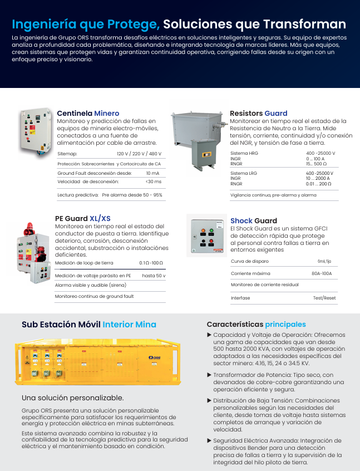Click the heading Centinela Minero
(x=88, y=113)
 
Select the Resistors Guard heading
(x=258, y=113)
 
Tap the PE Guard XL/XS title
(x=82, y=218)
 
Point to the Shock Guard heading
(x=253, y=220)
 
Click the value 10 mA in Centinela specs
(x=152, y=173)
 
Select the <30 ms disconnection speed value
(x=153, y=181)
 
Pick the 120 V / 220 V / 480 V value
(x=139, y=153)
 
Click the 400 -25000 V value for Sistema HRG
(x=320, y=153)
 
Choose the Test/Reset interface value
(x=324, y=298)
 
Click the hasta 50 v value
(x=154, y=276)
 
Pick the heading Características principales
(x=256, y=324)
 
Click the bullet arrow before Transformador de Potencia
(x=209, y=375)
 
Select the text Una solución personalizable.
(x=72, y=398)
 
